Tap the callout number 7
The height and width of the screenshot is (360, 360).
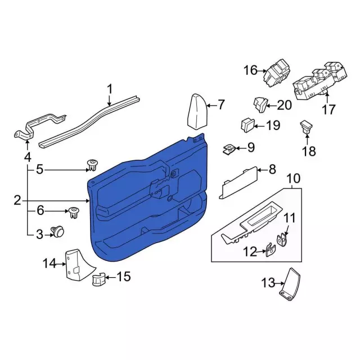[221, 105]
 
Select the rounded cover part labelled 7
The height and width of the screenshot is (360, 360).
[197, 112]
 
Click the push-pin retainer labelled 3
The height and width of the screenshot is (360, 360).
[57, 231]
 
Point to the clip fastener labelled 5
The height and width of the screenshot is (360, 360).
[92, 165]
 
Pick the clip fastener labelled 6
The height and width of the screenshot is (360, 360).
[74, 213]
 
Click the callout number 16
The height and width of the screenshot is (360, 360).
[250, 70]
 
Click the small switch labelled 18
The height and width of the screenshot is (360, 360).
[307, 127]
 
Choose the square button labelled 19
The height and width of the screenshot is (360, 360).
[247, 125]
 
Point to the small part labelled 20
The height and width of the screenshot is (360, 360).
[260, 104]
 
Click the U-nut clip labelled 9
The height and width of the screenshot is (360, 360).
[229, 150]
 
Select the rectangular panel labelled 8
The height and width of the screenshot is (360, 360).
[238, 182]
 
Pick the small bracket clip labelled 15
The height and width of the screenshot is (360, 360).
[99, 279]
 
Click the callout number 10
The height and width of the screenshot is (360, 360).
[294, 179]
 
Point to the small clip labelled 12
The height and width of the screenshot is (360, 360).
[271, 250]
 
